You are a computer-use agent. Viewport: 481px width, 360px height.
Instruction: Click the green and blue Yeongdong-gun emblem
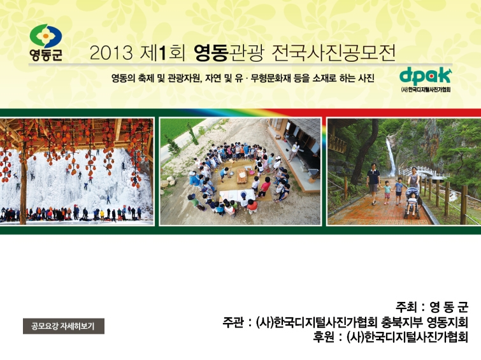[x=46, y=36]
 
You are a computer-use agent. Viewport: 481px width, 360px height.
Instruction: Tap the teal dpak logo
[x=426, y=76]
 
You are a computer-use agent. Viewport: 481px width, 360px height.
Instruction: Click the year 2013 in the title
[x=111, y=53]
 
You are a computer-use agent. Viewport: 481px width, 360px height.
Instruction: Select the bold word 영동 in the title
[x=212, y=53]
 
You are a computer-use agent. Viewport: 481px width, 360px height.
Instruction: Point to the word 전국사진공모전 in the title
[x=333, y=53]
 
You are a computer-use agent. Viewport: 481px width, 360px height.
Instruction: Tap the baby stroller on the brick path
[x=412, y=203]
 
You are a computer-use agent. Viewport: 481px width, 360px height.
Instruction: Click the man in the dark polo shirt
[x=373, y=184]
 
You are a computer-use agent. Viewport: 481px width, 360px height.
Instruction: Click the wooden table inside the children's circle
[x=242, y=176]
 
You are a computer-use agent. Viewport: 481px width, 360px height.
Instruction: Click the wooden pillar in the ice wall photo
[x=23, y=191]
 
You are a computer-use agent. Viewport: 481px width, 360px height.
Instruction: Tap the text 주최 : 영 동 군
[x=432, y=306]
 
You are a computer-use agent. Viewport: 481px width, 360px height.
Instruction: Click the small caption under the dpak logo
[x=426, y=90]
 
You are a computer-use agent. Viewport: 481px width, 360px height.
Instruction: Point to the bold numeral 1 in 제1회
[x=162, y=53]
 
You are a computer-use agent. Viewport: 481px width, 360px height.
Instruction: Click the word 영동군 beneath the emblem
[x=46, y=55]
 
